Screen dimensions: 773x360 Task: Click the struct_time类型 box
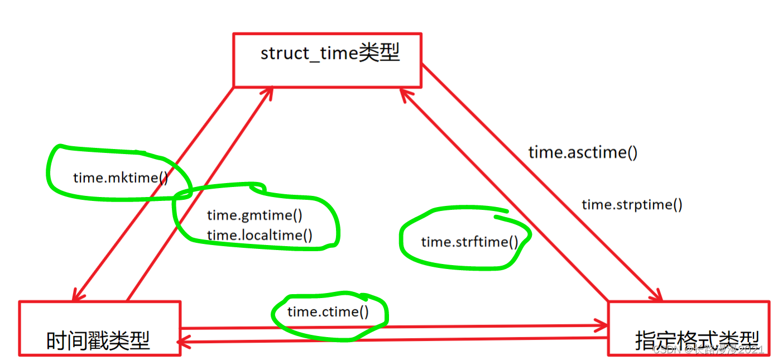click(x=327, y=59)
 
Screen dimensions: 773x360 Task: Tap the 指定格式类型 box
click(x=689, y=329)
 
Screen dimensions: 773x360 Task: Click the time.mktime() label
click(x=120, y=177)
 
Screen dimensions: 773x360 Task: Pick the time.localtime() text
click(x=260, y=235)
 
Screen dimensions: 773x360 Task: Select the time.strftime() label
click(x=469, y=242)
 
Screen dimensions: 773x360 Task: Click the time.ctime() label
click(x=328, y=311)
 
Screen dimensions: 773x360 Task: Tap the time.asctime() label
click(x=583, y=152)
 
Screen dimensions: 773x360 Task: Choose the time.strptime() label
click(x=632, y=204)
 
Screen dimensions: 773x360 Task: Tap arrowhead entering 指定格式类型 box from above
click(x=657, y=296)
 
